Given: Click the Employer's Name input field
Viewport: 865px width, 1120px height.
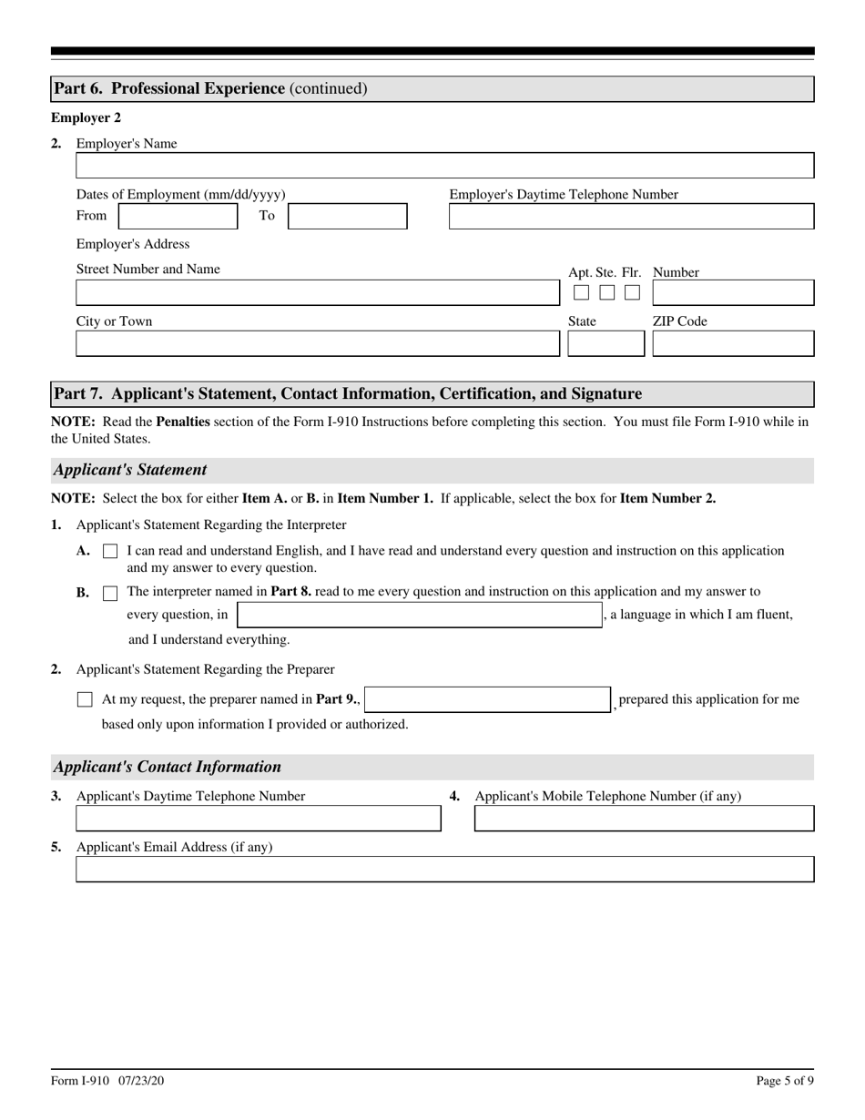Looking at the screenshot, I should (444, 166).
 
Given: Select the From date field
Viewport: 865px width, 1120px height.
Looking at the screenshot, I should (178, 216).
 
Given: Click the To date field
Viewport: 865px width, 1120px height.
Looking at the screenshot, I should (347, 216).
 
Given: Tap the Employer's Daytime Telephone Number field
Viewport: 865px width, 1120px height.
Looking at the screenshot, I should (631, 216).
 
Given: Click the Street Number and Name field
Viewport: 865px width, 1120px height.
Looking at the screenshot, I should (317, 292).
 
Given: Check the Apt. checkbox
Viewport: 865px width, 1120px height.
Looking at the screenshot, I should (581, 293).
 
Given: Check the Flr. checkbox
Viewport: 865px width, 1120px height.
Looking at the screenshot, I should (632, 293).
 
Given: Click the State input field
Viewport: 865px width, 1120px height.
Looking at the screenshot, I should (605, 343).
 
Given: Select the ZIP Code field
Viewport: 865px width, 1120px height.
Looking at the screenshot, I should (733, 343).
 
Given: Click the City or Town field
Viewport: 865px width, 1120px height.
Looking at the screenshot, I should (317, 343).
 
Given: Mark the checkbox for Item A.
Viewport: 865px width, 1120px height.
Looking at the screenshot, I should (110, 552).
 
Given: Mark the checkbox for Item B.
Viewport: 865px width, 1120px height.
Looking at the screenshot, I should (110, 593).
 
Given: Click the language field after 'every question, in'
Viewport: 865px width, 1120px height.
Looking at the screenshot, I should (419, 615).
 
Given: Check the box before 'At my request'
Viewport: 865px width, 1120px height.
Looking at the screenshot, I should (85, 700).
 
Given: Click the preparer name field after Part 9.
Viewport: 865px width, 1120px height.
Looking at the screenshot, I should (487, 699).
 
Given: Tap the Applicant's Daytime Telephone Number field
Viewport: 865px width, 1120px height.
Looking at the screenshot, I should (258, 819).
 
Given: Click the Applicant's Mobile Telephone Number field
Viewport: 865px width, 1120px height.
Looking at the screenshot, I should (644, 819).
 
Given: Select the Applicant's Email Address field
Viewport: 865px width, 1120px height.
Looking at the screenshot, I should (444, 870).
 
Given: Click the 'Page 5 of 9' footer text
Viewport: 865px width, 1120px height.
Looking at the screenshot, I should (785, 1081).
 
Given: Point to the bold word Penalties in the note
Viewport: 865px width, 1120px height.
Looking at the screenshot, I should (183, 422).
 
